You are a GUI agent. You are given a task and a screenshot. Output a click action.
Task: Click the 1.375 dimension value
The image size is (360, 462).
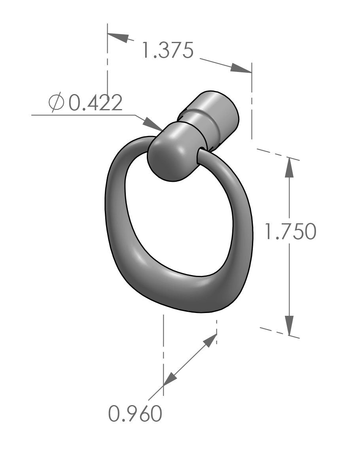(x=167, y=51)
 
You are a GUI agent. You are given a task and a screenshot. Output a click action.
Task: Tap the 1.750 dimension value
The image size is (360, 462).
(x=290, y=232)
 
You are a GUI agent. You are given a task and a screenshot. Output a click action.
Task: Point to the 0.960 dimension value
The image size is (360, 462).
(x=135, y=414)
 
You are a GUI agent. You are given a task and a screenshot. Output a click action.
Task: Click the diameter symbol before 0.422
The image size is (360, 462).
(x=56, y=103)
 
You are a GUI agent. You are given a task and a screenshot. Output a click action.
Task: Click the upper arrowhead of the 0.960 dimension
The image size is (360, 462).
(x=210, y=341)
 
